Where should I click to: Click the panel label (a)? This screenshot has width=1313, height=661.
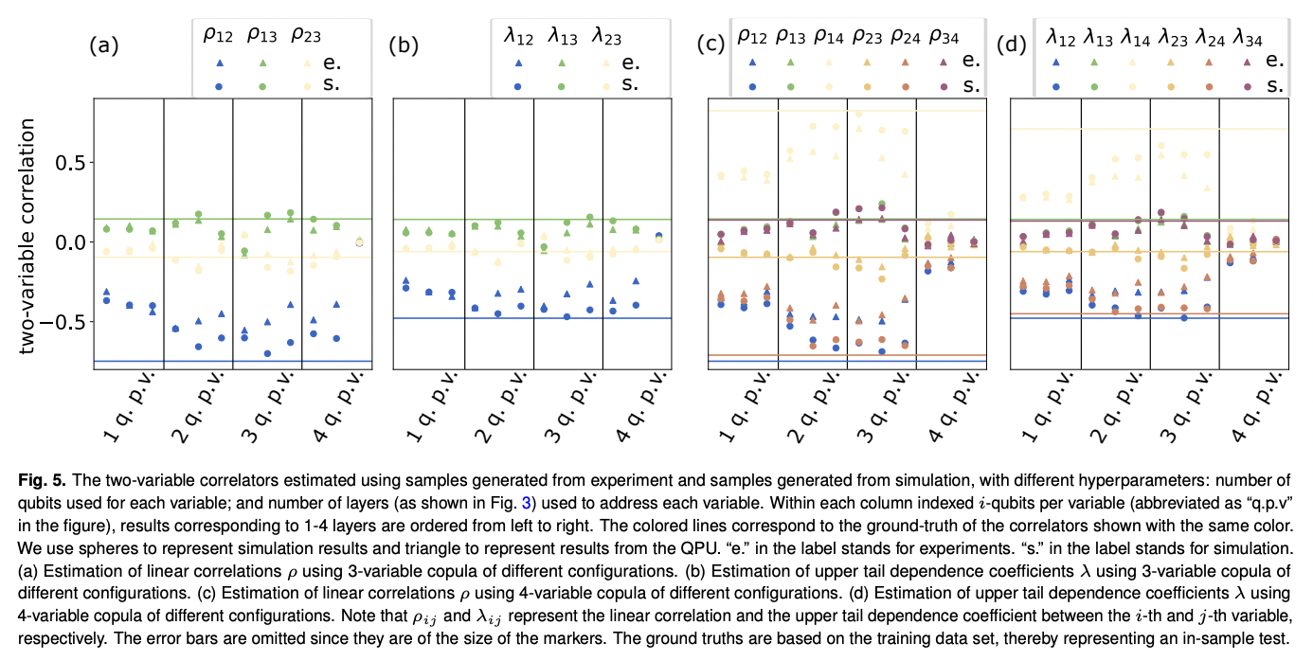coord(103,45)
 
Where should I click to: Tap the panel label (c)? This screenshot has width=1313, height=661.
coord(710,45)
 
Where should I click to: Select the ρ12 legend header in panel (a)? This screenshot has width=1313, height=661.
coord(217,36)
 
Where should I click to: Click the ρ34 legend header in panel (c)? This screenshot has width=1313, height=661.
coord(945,36)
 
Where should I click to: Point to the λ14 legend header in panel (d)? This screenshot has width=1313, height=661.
coord(1136,36)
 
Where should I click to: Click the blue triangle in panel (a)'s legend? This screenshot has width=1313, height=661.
coord(219,63)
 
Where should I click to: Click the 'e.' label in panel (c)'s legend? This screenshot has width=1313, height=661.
coord(969,61)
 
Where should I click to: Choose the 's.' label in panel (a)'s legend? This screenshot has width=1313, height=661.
coord(331,84)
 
